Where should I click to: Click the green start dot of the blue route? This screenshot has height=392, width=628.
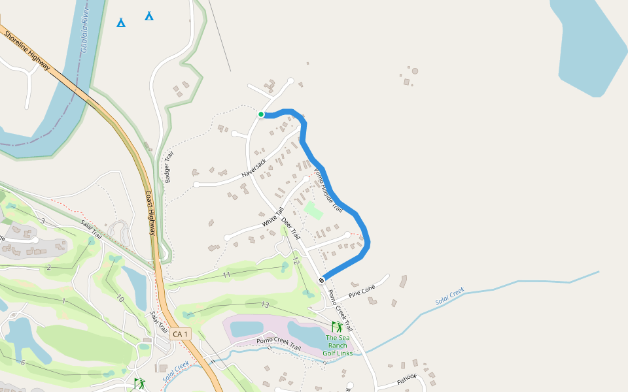click(x=261, y=114)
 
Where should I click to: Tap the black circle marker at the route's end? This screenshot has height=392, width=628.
click(x=321, y=280)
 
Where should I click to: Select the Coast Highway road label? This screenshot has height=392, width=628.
click(x=150, y=214)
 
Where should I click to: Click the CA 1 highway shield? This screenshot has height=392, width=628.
click(x=181, y=334)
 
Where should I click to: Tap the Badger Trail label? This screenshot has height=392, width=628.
click(x=169, y=167)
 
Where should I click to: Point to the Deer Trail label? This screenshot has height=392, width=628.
click(x=290, y=227)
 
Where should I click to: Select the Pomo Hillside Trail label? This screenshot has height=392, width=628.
click(x=328, y=190)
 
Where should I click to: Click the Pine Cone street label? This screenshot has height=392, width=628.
click(x=362, y=289)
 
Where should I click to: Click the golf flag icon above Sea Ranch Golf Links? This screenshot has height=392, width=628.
click(x=337, y=326)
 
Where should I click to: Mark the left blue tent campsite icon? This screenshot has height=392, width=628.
click(x=121, y=23)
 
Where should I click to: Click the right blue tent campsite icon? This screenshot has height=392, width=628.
click(x=149, y=16)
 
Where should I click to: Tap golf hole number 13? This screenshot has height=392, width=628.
click(x=265, y=304)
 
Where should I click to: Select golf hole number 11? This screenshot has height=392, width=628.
click(x=226, y=275)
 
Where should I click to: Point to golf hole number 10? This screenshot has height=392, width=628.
click(x=120, y=299)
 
